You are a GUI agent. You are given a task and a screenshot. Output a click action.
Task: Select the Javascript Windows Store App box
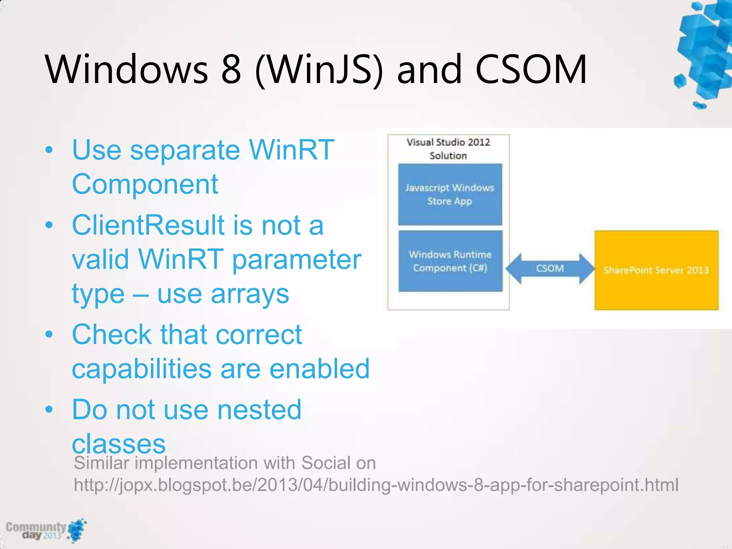[x=450, y=194]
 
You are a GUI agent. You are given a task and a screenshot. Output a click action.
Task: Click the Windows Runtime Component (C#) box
[x=450, y=261]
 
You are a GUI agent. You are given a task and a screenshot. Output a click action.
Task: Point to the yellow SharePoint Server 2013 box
[x=656, y=270]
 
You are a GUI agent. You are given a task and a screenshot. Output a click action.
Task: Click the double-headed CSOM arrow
[x=550, y=268]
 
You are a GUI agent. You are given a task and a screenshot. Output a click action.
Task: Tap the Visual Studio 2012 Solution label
[x=448, y=149]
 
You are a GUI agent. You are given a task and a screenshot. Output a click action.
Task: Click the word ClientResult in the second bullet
[x=148, y=225]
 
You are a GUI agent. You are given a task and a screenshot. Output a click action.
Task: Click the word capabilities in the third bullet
[x=142, y=369]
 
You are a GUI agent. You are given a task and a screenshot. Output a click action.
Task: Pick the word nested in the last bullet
[x=259, y=410]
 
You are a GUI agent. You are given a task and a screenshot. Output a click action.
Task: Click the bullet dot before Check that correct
[x=49, y=334]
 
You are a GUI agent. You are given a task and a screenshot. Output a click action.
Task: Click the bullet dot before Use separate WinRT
[x=49, y=150]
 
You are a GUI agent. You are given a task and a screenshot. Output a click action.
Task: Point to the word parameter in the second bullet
[x=297, y=259]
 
